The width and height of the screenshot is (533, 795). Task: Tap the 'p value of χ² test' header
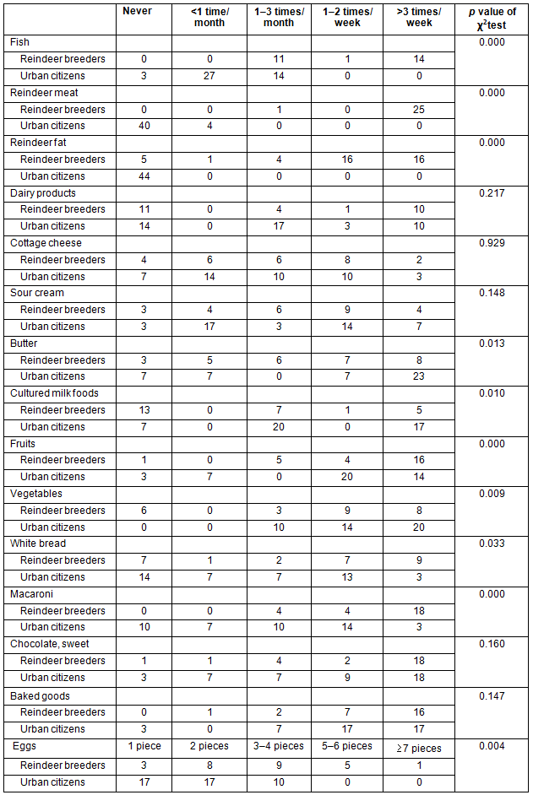click(x=492, y=17)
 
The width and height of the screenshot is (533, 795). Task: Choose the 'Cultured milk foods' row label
click(x=54, y=393)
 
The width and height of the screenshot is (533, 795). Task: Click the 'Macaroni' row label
click(x=30, y=594)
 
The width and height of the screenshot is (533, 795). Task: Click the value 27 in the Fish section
click(x=208, y=76)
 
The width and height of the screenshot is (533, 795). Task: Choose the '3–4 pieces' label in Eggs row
click(x=278, y=746)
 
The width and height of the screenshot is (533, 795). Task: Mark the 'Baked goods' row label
click(x=40, y=696)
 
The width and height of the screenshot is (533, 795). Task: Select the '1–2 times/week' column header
click(x=347, y=17)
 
